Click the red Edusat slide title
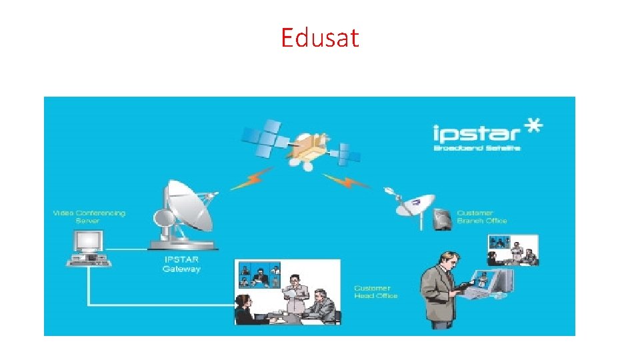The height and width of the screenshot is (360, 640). point(319,38)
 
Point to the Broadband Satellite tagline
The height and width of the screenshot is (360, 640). point(477,147)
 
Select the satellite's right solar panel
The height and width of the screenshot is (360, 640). point(347,154)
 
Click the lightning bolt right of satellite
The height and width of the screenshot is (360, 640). point(346,181)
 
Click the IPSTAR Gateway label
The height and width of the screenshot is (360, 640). point(181,264)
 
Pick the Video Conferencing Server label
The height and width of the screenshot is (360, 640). point(89,217)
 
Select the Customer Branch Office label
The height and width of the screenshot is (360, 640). point(482,217)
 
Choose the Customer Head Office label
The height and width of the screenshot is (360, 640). point(376,292)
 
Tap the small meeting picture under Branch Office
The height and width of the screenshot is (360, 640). point(513,251)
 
